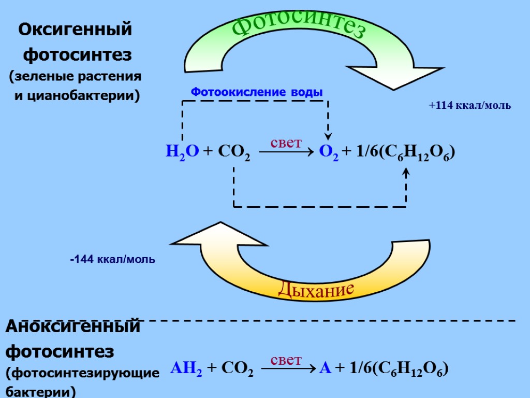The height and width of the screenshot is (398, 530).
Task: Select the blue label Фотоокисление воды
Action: pyautogui.click(x=257, y=92)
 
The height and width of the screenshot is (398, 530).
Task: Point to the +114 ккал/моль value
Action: pyautogui.click(x=470, y=106)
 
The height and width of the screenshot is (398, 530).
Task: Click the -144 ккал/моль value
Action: pyautogui.click(x=112, y=259)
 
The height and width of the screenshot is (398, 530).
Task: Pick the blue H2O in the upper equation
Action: pyautogui.click(x=182, y=152)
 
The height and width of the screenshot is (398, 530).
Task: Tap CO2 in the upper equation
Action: pyautogui.click(x=234, y=152)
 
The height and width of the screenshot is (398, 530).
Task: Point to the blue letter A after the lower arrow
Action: pyautogui.click(x=326, y=368)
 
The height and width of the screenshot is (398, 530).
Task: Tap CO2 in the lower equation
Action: pyautogui.click(x=237, y=369)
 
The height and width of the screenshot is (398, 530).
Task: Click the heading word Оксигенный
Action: pyautogui.click(x=76, y=30)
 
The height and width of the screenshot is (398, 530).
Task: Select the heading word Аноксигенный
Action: pyautogui.click(x=73, y=327)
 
